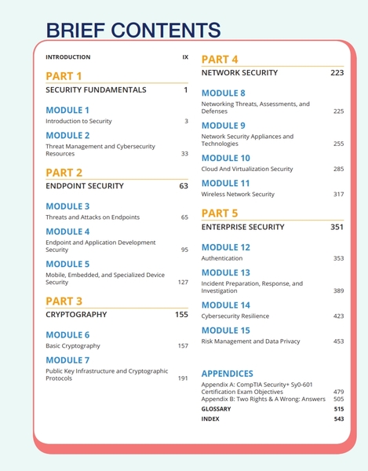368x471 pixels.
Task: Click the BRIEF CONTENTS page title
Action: (133, 30)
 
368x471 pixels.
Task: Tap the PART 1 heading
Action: (64, 75)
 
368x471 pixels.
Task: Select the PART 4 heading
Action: (220, 59)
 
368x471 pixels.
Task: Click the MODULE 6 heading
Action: (67, 334)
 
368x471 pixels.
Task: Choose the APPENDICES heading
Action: (227, 374)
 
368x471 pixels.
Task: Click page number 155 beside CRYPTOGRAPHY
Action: (181, 315)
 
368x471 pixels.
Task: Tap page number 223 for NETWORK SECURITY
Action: (337, 73)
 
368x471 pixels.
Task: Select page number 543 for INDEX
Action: (338, 419)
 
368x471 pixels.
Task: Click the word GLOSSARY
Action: (216, 409)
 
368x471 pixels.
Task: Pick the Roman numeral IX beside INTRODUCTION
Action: (185, 57)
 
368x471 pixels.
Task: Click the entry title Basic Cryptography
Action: (73, 345)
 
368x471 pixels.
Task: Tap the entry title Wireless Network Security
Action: (238, 194)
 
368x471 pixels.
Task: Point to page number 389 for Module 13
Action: (338, 290)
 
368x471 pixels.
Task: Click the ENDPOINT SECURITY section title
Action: (84, 187)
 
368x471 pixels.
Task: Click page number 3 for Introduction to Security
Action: (186, 122)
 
